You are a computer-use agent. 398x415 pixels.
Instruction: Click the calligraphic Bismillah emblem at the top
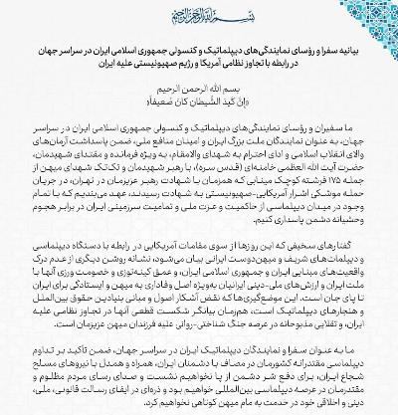[x=199, y=18]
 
